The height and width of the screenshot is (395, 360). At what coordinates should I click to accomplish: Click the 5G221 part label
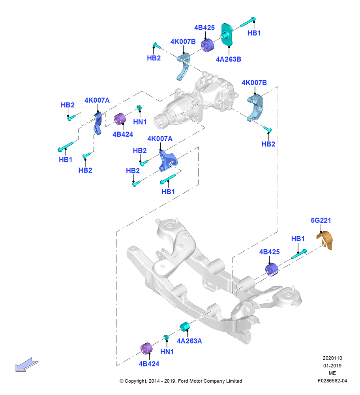[321, 220]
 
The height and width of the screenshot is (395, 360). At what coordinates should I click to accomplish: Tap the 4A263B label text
[229, 59]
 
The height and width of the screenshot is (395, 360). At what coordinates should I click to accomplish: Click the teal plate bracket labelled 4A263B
[227, 34]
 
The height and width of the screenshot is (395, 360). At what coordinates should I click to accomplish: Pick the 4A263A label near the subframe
[189, 341]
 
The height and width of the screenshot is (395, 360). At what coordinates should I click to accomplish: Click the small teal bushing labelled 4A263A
[184, 327]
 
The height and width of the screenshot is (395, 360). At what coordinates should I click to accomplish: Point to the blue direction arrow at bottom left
[27, 365]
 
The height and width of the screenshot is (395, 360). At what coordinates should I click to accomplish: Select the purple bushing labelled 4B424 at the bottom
[146, 348]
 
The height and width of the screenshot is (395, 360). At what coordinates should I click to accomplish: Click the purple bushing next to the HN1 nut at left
[120, 119]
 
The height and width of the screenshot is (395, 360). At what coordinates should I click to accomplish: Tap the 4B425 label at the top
[204, 28]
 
